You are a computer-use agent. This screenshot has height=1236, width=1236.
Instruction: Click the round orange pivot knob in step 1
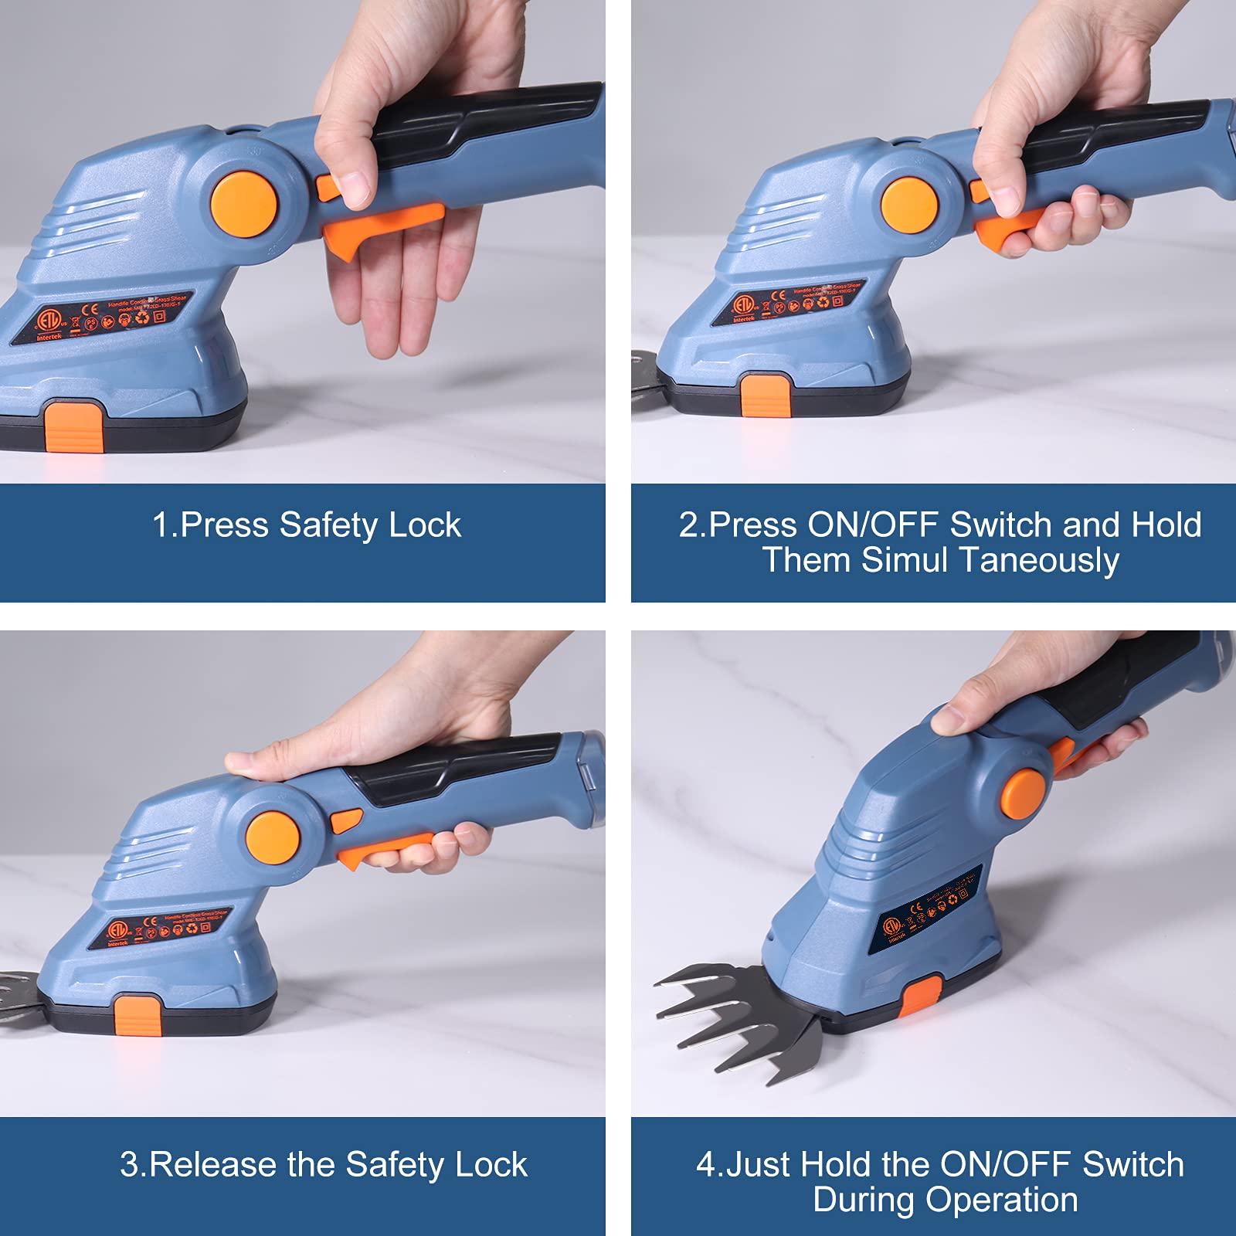[244, 204]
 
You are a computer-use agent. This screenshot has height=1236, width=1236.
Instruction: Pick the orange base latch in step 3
[137, 1017]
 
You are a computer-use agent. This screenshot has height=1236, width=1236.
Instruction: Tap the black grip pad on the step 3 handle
[456, 766]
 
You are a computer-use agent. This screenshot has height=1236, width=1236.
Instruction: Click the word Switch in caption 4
[1132, 1165]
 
